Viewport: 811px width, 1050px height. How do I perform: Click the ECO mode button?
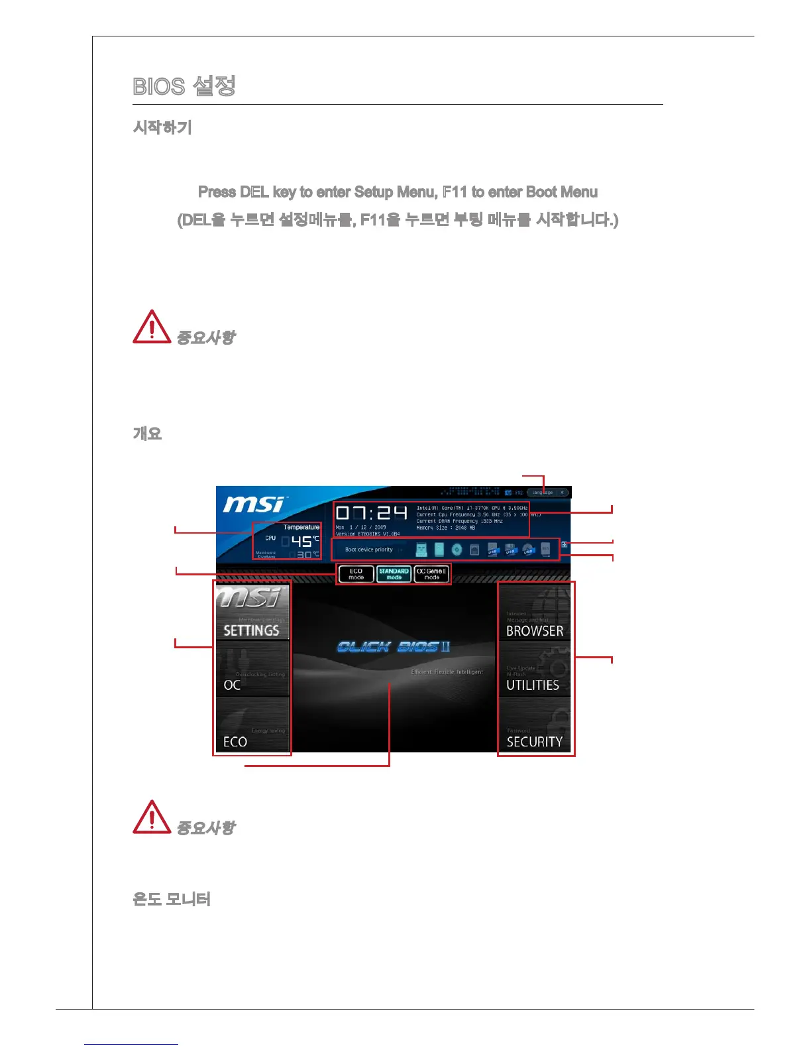356,574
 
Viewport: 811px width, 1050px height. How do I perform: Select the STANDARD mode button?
394,574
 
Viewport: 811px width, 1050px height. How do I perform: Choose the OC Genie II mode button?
431,574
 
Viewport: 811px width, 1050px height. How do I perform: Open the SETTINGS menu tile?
252,612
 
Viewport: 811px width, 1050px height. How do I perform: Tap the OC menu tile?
252,669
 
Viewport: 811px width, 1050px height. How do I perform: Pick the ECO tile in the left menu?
252,725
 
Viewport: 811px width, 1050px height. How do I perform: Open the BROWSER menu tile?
535,612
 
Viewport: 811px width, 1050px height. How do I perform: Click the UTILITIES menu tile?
535,669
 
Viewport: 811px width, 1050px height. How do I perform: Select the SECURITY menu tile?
535,727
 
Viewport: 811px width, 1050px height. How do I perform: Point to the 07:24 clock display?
371,513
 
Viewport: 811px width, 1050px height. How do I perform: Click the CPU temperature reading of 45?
301,542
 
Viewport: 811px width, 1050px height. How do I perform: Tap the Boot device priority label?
369,550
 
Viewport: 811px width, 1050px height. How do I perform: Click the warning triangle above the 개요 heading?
152,327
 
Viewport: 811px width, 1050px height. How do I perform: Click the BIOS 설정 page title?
184,86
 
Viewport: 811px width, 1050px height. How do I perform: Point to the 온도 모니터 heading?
172,900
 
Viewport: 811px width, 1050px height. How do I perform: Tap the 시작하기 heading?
162,127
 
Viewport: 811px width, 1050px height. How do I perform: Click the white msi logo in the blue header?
254,505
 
